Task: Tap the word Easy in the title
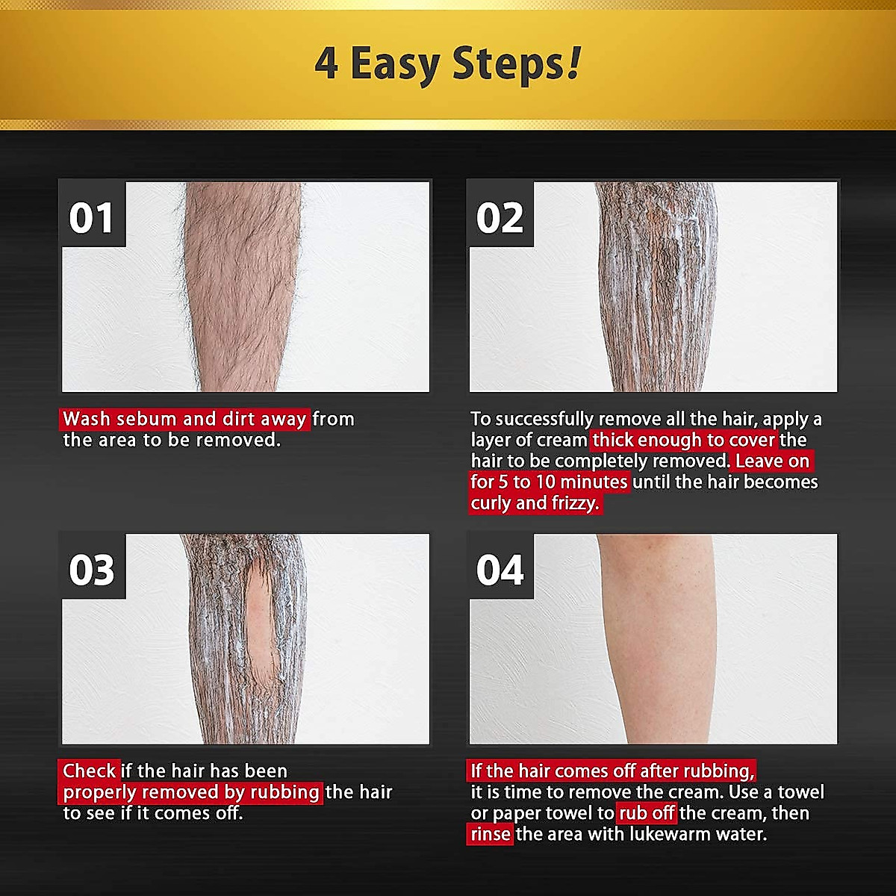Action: coord(394,66)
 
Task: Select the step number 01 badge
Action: coord(92,218)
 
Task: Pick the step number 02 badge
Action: coord(500,218)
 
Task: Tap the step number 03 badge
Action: coord(92,570)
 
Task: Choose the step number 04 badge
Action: coord(500,570)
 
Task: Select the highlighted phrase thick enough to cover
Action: coord(684,440)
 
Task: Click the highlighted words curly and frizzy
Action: coord(535,503)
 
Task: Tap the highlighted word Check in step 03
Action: coord(89,771)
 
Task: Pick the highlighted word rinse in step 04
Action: coord(491,833)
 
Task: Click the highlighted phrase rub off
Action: coord(647,812)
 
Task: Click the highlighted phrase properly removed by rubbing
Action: coord(191,791)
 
